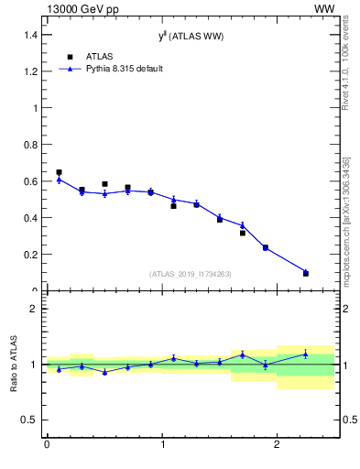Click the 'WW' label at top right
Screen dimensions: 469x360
tap(323, 8)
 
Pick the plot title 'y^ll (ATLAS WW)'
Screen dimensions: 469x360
tap(191, 36)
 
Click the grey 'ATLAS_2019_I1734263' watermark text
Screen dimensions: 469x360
tap(191, 274)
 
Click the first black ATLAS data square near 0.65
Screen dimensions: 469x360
tap(59, 172)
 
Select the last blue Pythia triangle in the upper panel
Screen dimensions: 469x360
tap(306, 272)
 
